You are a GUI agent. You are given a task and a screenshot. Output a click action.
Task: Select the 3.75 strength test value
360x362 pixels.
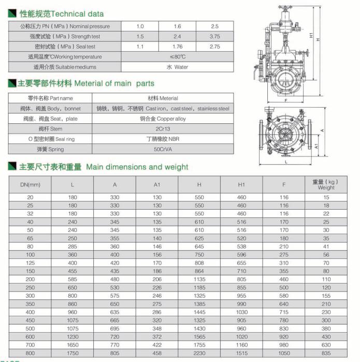[x=214, y=36]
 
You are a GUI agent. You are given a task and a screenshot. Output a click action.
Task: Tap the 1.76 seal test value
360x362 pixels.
[x=177, y=47]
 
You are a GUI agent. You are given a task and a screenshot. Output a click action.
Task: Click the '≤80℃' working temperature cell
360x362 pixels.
[x=177, y=56]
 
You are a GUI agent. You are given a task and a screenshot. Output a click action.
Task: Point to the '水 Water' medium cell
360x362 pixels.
[x=177, y=67]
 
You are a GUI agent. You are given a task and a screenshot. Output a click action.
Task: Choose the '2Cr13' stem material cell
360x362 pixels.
[x=162, y=128]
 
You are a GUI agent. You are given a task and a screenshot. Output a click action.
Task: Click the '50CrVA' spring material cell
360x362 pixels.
[x=162, y=149]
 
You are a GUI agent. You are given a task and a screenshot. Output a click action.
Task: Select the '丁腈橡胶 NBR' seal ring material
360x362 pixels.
[x=162, y=139]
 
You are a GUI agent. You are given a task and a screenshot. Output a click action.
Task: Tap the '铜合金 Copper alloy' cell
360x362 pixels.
[x=162, y=119]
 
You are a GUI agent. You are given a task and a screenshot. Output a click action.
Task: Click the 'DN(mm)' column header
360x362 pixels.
[x=30, y=184]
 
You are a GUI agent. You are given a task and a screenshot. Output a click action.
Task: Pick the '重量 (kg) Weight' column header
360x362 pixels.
[x=326, y=184]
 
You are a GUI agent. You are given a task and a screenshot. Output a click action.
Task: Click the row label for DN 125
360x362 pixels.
[x=30, y=263]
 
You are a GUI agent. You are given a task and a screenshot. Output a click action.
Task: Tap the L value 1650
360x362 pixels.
[x=73, y=344]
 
